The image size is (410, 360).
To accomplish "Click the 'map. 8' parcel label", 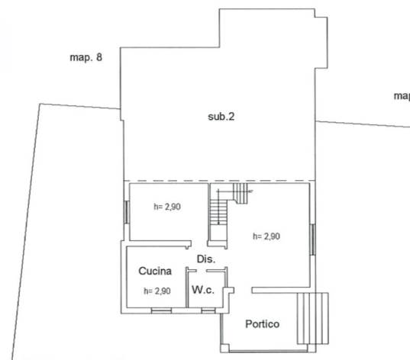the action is pos(86,57).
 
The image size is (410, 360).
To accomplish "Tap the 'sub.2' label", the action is pos(221,117).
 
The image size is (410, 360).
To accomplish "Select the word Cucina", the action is pos(155,271).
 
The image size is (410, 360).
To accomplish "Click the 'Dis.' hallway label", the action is pos(206,259).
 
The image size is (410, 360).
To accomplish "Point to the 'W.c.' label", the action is pos(203,290).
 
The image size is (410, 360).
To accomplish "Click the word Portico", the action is pos(263,324).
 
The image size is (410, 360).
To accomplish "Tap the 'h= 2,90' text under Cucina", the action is pos(157,291).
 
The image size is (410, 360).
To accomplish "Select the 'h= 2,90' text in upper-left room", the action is pos(167,207).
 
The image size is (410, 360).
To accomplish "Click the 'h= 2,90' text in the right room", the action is pos(266,236).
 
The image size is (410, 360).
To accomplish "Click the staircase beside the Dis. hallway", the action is pos(219,212).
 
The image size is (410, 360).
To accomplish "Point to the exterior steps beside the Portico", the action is pos(313,318).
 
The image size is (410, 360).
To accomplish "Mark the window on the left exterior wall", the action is pos(127,212).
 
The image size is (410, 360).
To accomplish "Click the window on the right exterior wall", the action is pos(313,239).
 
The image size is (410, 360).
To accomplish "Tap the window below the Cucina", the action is pos(161,310).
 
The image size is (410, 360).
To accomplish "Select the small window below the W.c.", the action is pos(208,310).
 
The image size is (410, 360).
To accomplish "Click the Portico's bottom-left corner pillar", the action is pos(224,349).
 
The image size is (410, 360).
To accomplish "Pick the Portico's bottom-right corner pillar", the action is pos(312,349).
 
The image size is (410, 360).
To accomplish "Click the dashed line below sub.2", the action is pos(219,181).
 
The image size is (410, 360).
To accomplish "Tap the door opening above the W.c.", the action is pos(202,271).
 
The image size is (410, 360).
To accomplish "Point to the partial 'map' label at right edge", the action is pos(402,96).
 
